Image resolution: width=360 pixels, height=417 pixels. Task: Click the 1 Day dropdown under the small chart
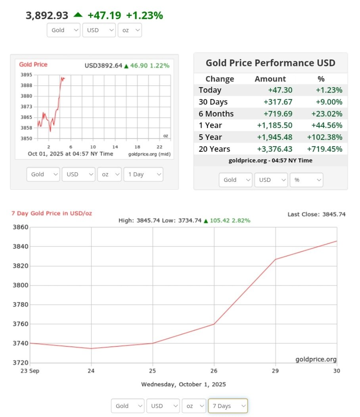click(143, 174)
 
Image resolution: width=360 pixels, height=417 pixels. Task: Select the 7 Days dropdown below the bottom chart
click(228, 406)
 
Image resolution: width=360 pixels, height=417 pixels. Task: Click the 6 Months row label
click(216, 114)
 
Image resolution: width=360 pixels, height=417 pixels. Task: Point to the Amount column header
click(270, 79)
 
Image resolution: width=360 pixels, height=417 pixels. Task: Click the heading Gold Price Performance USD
click(270, 63)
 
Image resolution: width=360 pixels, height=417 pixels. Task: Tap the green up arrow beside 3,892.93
click(78, 15)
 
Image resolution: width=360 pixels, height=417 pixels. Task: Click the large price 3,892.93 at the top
click(47, 15)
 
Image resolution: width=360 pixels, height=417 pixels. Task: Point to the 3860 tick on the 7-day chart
click(20, 227)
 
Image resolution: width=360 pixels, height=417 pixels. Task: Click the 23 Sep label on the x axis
click(30, 371)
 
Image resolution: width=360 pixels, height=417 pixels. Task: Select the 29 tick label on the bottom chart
click(276, 371)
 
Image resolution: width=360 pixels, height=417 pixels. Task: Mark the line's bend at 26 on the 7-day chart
click(214, 324)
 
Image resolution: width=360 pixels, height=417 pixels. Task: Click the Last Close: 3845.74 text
click(316, 214)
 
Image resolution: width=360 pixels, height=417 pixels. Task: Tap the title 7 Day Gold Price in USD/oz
click(52, 213)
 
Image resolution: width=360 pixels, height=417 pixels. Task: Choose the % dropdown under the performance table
click(306, 180)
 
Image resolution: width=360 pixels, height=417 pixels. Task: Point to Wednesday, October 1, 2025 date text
click(184, 384)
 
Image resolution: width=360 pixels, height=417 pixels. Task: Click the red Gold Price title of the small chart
click(33, 65)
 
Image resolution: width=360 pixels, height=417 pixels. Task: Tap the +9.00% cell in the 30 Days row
click(329, 102)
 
